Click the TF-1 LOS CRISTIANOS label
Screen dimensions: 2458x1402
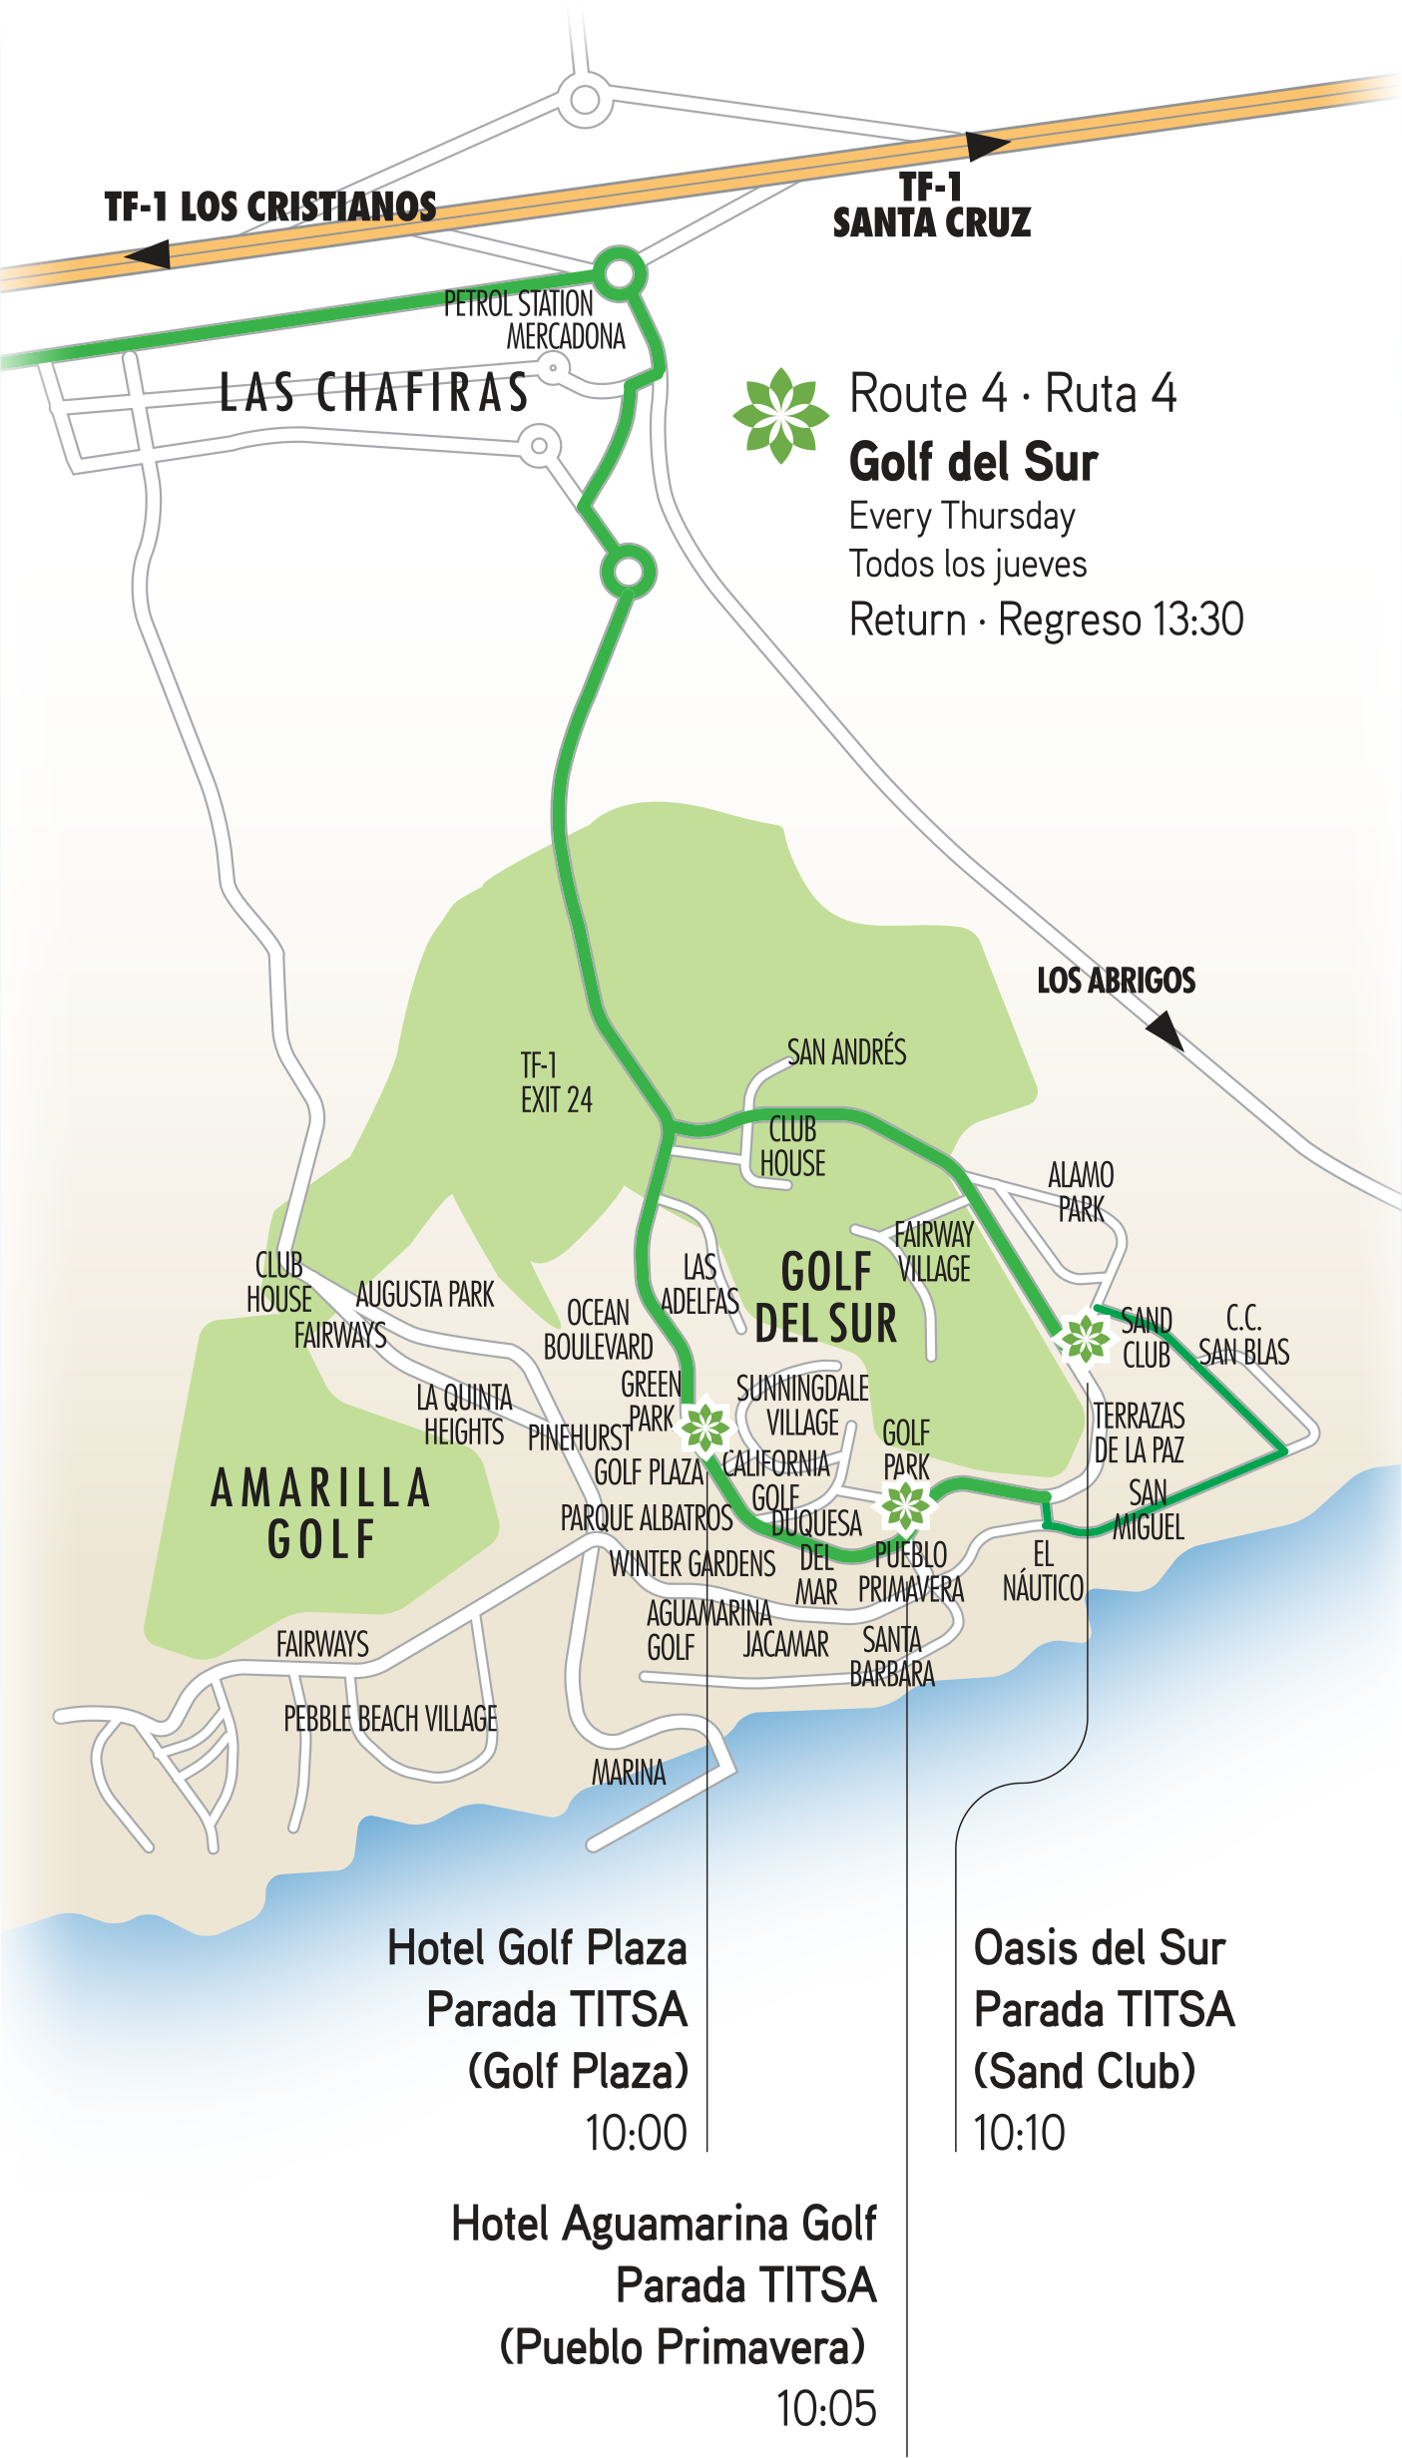coord(269,206)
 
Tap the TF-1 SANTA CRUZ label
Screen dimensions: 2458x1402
coord(931,205)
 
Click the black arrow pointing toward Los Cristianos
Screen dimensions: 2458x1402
coord(149,255)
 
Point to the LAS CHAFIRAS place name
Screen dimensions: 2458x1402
coord(374,392)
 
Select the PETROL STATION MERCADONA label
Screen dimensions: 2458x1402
coord(534,319)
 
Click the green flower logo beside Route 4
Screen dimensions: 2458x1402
coord(780,415)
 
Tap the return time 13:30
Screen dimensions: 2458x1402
coord(1196,619)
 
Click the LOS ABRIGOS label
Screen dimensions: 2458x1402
coord(1116,981)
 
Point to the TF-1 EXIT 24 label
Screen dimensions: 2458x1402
coord(555,1082)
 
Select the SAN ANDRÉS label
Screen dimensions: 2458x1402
coord(846,1052)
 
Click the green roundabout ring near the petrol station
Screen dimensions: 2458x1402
coord(619,272)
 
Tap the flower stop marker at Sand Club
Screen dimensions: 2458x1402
coord(1084,1337)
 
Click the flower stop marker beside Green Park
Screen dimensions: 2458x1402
coord(705,1427)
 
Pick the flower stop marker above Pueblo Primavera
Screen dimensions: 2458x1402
coord(905,1506)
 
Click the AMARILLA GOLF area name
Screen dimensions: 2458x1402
coord(321,1513)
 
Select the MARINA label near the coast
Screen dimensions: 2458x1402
coord(629,1773)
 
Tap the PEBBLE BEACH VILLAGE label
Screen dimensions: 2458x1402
coord(390,1719)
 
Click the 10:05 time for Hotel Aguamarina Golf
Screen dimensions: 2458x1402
coord(826,2409)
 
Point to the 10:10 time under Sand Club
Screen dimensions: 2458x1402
coord(1019,2134)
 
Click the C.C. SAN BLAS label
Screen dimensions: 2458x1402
coord(1243,1336)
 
